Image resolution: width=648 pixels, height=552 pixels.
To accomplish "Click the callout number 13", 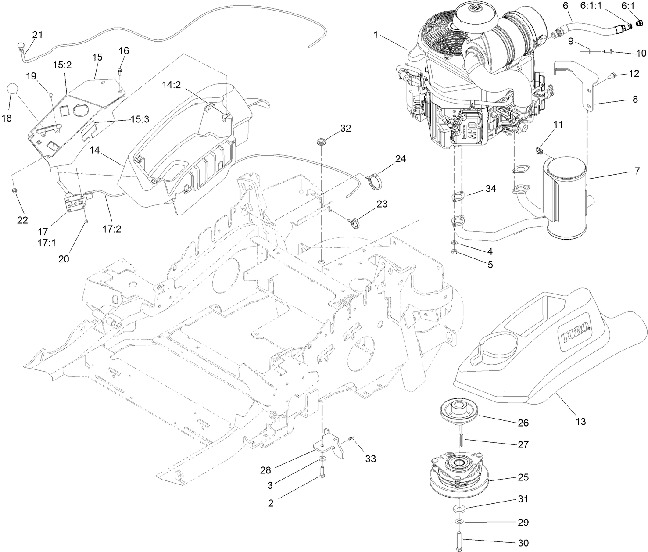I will coord(580,422).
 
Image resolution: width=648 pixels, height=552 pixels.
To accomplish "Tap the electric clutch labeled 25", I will coord(459,474).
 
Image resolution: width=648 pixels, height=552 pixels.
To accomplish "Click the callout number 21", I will coord(38,35).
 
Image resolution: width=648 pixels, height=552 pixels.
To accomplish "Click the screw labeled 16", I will coord(120,70).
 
